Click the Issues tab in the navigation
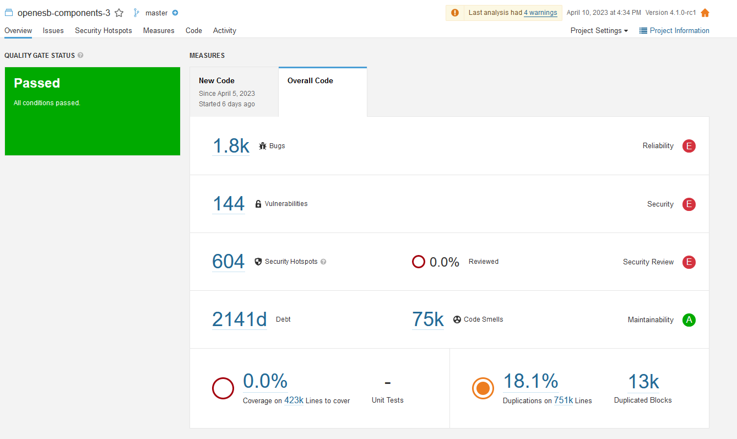click(x=53, y=31)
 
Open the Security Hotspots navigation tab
click(x=104, y=31)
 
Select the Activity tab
click(x=224, y=31)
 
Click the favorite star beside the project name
click(x=119, y=13)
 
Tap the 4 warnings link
click(x=540, y=13)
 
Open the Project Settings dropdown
click(x=599, y=31)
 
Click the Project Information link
click(x=674, y=31)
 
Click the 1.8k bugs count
click(x=231, y=146)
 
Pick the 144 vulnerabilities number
click(x=229, y=203)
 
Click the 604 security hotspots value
click(x=229, y=261)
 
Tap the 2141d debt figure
click(x=239, y=319)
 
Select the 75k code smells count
click(x=428, y=319)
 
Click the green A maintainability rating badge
click(x=689, y=320)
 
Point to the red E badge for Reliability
click(x=689, y=146)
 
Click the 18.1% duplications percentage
click(x=530, y=381)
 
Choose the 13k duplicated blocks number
click(x=643, y=382)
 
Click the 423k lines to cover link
click(x=294, y=400)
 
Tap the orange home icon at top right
click(x=705, y=13)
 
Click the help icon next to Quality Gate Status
click(x=80, y=55)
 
